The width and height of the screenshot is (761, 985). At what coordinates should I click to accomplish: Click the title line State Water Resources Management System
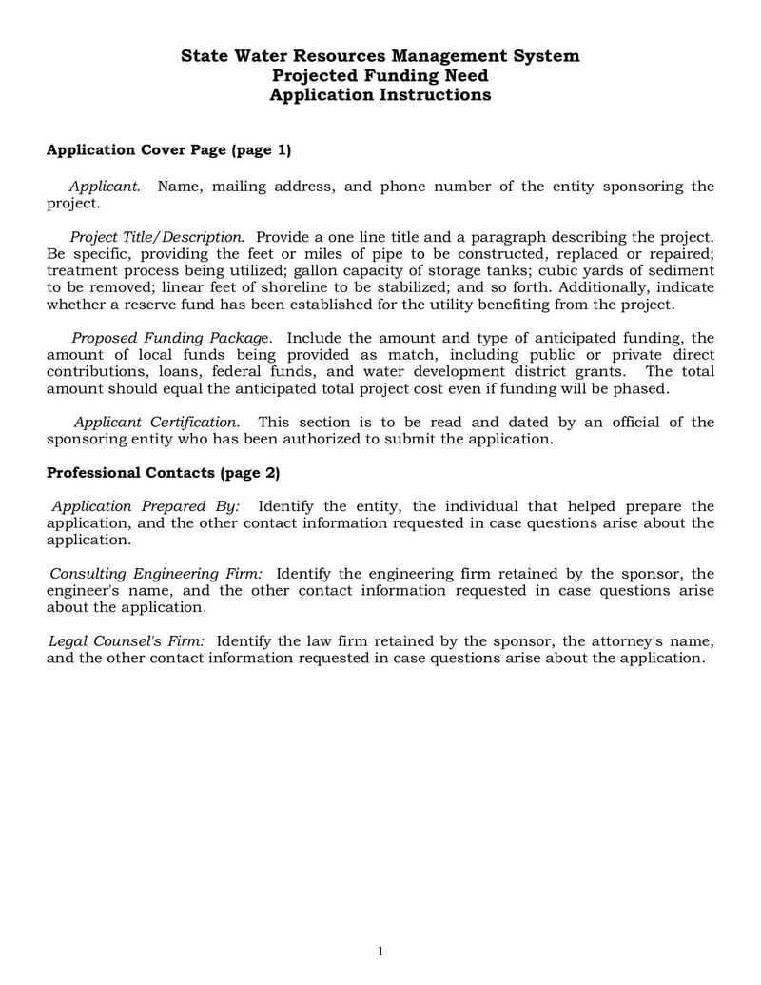(380, 56)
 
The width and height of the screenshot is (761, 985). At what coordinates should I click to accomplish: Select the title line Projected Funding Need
(380, 75)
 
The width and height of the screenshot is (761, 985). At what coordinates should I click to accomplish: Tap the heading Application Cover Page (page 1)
(169, 150)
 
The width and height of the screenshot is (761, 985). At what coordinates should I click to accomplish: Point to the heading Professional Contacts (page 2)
(164, 473)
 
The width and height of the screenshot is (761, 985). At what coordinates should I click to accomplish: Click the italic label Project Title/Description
(157, 236)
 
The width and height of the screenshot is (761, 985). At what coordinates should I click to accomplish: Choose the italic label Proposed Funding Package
(172, 338)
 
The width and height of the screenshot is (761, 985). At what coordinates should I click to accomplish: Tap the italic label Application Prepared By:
(146, 506)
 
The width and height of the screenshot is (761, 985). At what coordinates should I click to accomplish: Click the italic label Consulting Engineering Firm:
(156, 574)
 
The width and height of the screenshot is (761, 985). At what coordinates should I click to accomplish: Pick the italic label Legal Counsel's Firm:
(126, 641)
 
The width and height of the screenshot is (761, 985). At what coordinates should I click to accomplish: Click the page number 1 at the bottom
(380, 952)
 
